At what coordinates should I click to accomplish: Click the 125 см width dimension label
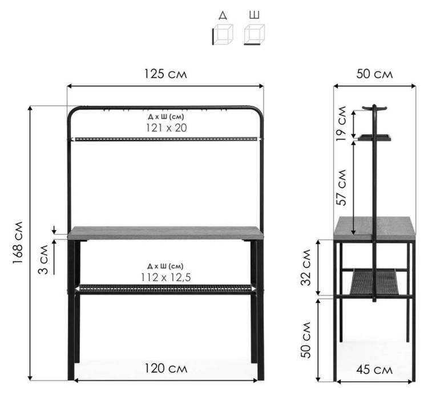pos(165,74)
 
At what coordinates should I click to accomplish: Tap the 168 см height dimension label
pos(18,242)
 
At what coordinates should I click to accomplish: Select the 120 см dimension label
pos(165,368)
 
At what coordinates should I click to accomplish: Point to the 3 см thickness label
pos(43,260)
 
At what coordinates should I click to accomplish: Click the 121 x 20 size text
pos(167,128)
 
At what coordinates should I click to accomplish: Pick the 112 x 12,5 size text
pos(165,278)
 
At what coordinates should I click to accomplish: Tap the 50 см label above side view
pos(374,74)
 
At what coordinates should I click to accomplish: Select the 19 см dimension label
pos(341,123)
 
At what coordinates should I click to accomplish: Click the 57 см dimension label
pos(341,188)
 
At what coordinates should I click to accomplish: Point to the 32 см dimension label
pos(306,268)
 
